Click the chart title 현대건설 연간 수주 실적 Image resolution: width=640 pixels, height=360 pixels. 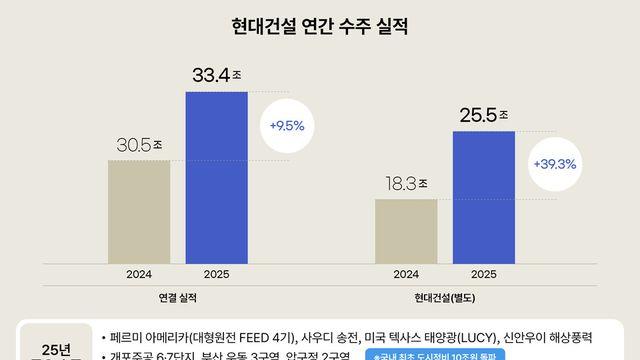point(320,23)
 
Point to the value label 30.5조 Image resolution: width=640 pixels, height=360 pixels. point(136,145)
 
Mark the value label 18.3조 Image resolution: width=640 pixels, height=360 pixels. point(403,184)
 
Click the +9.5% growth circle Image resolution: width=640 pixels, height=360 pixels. point(286,126)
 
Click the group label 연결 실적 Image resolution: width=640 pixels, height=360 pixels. point(177,298)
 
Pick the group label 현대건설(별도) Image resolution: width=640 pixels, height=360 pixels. point(445,298)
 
